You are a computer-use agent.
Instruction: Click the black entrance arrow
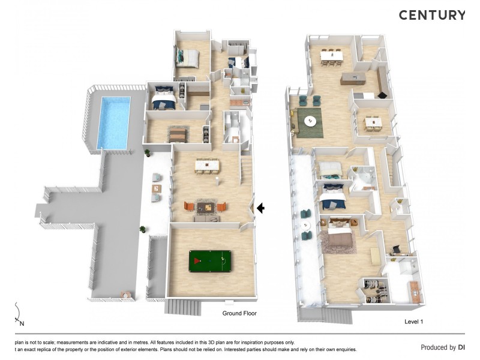click(x=261, y=208)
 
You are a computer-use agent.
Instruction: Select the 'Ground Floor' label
click(x=240, y=314)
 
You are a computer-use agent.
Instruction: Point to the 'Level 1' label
click(x=414, y=322)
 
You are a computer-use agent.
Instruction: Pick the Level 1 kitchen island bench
click(x=353, y=78)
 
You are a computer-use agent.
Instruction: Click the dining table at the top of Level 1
click(x=331, y=55)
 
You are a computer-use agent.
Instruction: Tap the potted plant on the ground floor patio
click(x=143, y=229)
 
